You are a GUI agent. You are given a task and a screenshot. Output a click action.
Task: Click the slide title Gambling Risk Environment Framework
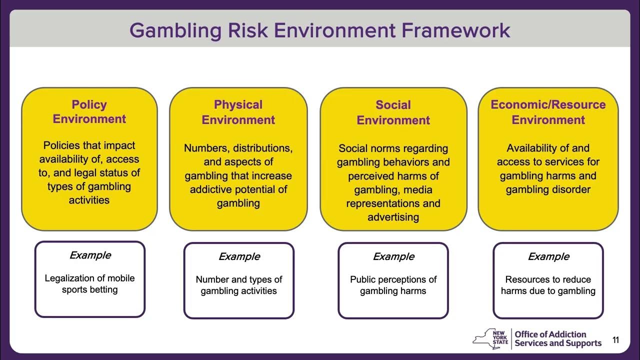[x=320, y=30]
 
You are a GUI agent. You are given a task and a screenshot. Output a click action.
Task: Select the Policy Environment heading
[x=89, y=112]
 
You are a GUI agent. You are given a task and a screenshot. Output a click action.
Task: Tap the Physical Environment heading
[x=238, y=112]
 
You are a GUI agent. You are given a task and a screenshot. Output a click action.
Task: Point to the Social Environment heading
[x=393, y=112]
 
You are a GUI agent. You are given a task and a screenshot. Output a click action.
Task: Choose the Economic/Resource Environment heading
[x=548, y=112]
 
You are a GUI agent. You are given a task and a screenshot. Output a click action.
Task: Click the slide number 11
[x=615, y=340]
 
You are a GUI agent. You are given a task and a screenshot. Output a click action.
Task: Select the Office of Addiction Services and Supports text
[x=558, y=339]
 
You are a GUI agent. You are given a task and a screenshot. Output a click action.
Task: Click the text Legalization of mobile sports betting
[x=90, y=284]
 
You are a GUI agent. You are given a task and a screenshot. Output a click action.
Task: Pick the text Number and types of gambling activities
[x=239, y=285]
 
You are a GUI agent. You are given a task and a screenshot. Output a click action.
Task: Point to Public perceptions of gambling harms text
[x=393, y=285]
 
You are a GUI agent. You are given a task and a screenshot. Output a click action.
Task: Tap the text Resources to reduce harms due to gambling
[x=548, y=285]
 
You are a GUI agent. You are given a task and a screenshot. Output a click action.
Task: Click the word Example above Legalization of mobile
[x=90, y=255]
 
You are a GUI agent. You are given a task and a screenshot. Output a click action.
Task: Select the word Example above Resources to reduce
[x=548, y=257]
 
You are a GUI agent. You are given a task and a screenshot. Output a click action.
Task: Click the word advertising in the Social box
[x=393, y=217]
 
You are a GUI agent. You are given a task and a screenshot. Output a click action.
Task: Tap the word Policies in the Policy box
[x=61, y=145]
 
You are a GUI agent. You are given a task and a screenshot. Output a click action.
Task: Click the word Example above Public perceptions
[x=393, y=257]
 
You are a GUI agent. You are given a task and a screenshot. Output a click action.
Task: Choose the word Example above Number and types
[x=239, y=257]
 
